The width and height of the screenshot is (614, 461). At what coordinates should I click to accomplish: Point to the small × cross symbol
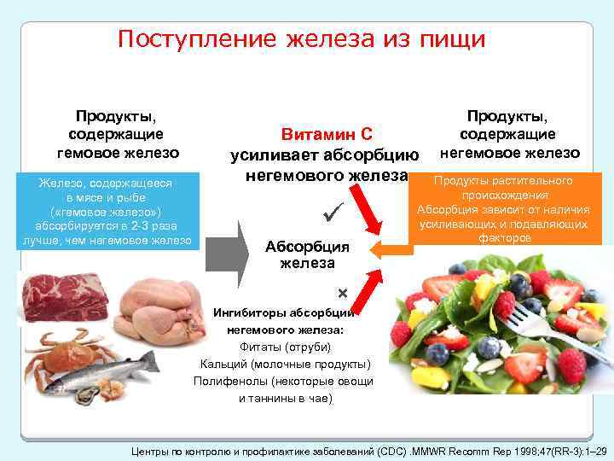[343, 293]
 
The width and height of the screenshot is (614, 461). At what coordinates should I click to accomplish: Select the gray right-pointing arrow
[228, 249]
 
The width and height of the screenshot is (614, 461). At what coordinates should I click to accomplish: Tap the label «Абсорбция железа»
[308, 254]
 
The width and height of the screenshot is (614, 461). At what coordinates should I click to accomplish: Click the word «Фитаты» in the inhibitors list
[259, 347]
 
